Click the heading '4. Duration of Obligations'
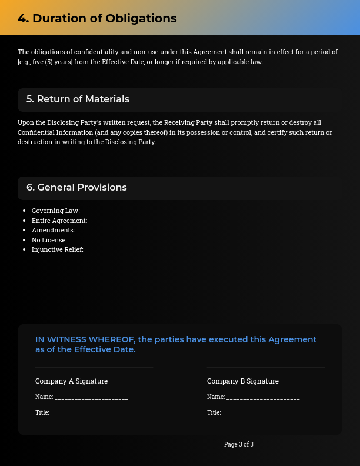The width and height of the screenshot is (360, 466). (x=97, y=18)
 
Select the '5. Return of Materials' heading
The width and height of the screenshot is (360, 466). (x=78, y=99)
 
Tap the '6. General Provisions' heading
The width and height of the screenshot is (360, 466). (x=76, y=188)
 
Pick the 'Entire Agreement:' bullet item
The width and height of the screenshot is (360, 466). (x=59, y=221)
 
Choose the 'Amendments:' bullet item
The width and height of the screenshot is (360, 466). (x=53, y=230)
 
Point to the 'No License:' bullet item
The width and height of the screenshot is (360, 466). (x=49, y=240)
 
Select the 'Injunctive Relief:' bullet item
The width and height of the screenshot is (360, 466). (x=57, y=249)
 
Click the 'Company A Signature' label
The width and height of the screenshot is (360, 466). (x=71, y=381)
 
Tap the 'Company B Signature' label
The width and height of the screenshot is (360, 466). (x=243, y=381)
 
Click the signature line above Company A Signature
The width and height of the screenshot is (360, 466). (x=94, y=368)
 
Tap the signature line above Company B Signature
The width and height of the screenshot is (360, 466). (x=266, y=368)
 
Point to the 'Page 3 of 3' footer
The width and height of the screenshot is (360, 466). (x=239, y=444)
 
